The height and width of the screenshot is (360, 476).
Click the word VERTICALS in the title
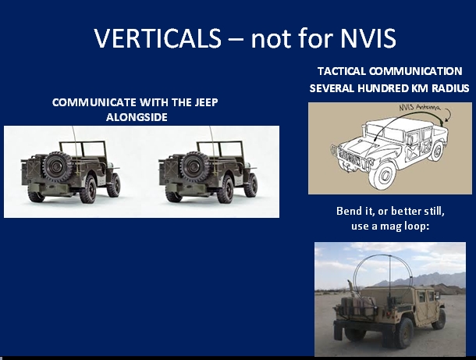pyautogui.click(x=158, y=38)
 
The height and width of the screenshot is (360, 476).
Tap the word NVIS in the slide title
pyautogui.click(x=368, y=38)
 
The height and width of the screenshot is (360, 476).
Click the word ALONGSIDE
pyautogui.click(x=137, y=117)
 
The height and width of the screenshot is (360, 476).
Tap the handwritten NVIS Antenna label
pyautogui.click(x=419, y=108)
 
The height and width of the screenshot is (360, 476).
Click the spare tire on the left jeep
pyautogui.click(x=57, y=166)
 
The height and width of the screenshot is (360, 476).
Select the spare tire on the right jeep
pyautogui.click(x=194, y=166)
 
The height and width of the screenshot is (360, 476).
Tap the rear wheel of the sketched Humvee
pyautogui.click(x=436, y=151)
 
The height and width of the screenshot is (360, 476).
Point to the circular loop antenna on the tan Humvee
pyautogui.click(x=355, y=270)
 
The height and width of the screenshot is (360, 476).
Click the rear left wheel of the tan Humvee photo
pyautogui.click(x=403, y=333)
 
